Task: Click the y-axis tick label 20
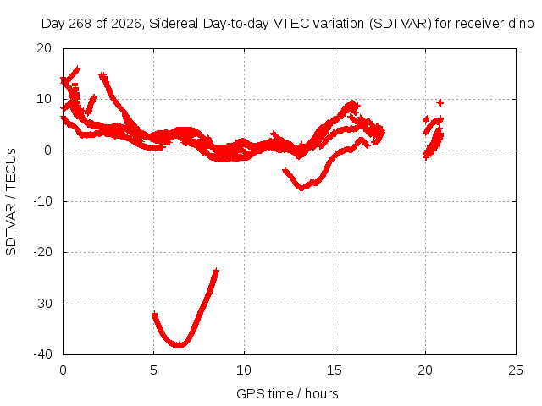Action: (44, 48)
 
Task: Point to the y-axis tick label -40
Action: (42, 354)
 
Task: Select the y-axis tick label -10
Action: (42, 201)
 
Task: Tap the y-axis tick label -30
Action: (42, 304)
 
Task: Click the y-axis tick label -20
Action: (42, 252)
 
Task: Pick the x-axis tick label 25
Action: (516, 370)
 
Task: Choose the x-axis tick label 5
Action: (153, 370)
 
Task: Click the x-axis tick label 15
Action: (335, 370)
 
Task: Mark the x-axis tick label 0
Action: (63, 370)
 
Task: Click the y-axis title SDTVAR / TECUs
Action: (11, 202)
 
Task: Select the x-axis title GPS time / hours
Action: (287, 393)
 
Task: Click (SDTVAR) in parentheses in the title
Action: (400, 24)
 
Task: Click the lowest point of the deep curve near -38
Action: (179, 344)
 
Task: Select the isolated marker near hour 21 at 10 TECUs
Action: (440, 102)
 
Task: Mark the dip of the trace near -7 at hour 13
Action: (301, 188)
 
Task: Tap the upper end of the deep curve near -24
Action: (216, 271)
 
